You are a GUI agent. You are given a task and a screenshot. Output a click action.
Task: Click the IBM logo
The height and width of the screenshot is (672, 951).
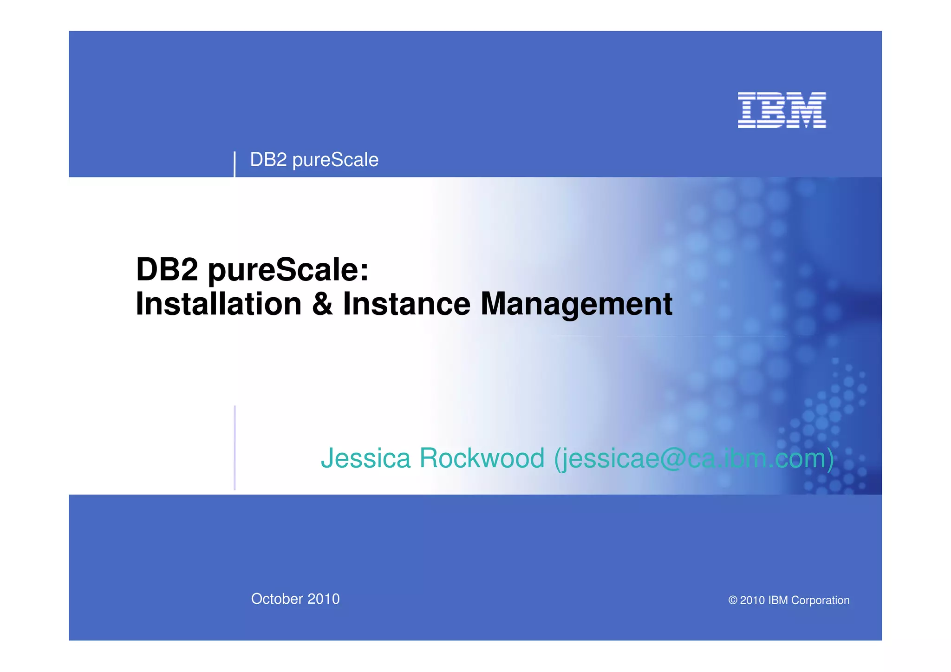coord(782,110)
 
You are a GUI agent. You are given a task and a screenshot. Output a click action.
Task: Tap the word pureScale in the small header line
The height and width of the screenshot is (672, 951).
coord(335,160)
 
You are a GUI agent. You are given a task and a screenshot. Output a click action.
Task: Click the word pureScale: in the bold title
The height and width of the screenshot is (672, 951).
coord(288,270)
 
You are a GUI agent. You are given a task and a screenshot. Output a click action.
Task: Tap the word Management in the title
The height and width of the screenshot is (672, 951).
coord(576,305)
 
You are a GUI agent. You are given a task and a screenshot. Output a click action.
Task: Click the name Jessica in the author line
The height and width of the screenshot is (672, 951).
coord(365,458)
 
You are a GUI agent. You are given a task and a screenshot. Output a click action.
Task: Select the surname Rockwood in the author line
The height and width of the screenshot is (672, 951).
coord(482,458)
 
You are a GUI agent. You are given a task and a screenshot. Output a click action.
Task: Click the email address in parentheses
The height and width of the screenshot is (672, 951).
coord(694,458)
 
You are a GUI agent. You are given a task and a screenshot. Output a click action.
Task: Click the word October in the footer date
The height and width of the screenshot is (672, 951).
coord(277,599)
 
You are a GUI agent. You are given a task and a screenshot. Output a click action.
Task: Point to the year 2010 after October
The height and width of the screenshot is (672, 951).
coord(324,599)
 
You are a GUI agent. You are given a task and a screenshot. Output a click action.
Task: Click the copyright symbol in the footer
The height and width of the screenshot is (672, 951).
coord(733,600)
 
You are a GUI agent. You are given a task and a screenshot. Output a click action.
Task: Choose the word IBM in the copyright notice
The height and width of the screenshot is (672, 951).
coord(778,600)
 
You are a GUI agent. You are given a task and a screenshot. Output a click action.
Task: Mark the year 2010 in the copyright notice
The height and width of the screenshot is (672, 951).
coord(752,600)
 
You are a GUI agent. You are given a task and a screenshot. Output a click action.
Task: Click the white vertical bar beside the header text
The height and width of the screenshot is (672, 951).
coord(234,164)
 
